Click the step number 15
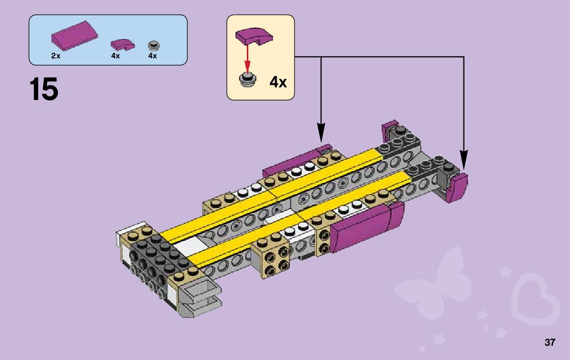44,89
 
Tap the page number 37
550,342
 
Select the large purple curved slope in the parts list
75,36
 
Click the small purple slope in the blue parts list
122,45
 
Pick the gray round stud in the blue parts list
154,46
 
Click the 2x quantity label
56,56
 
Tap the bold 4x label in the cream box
278,82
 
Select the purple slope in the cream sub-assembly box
254,37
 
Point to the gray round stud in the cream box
248,79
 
